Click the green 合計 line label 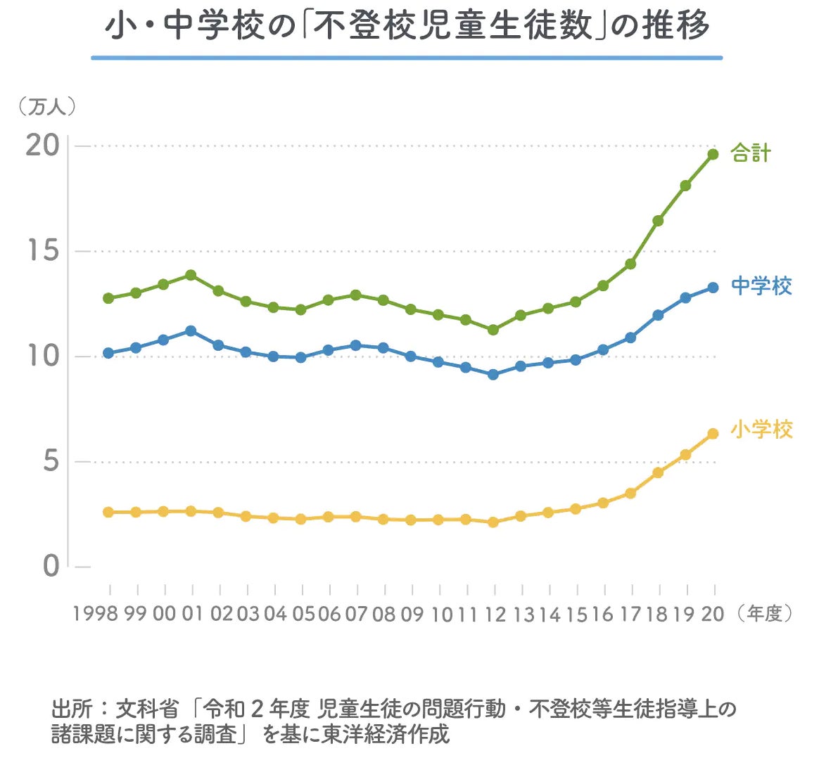pos(751,153)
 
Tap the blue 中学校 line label pos(761,286)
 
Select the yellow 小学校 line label pos(761,430)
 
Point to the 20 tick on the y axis pos(42,146)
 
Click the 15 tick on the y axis pos(42,251)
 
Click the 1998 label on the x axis pos(95,614)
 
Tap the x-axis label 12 pos(495,614)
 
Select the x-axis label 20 pos(713,614)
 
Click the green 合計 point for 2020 pos(713,154)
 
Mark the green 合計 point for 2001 pos(191,275)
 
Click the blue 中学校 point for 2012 pos(493,375)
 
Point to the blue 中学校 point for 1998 pos(108,353)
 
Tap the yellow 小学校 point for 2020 pos(713,434)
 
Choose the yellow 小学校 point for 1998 pos(108,512)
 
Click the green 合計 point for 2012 pos(493,330)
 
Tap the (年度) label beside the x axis pos(764,614)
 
